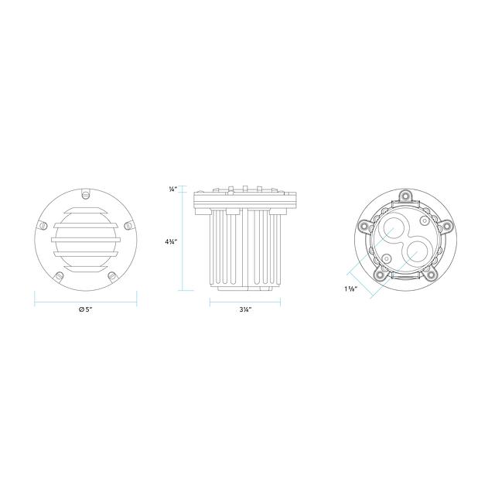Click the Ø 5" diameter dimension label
click(85, 309)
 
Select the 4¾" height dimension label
click(171, 242)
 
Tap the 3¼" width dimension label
click(245, 309)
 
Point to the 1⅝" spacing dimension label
click(350, 288)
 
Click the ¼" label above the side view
click(173, 189)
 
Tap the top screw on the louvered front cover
click(86, 193)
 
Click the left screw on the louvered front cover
click(43, 225)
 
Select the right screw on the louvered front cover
click(128, 225)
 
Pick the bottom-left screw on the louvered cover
click(59, 276)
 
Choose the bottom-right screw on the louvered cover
click(112, 276)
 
